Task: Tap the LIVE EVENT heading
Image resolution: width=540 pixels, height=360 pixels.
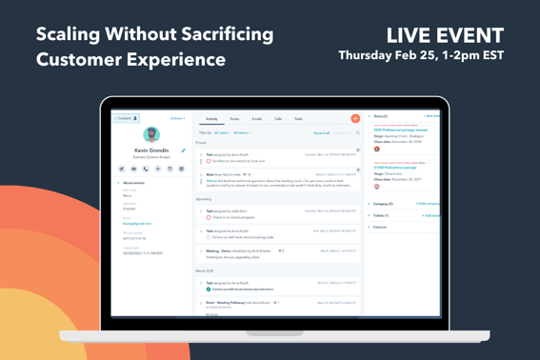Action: tap(445, 36)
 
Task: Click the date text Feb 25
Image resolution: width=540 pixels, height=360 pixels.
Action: tap(430, 56)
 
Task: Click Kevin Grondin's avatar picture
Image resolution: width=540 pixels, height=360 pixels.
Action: tap(151, 135)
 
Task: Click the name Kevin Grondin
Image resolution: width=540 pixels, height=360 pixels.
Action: tap(151, 150)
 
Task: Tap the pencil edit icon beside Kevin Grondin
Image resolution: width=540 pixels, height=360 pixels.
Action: tap(184, 150)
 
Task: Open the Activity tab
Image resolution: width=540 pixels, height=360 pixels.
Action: tap(211, 119)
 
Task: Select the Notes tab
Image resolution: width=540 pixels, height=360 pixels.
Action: tap(234, 119)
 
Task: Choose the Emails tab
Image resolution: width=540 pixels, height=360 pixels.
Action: tap(256, 119)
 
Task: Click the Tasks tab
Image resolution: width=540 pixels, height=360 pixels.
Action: tap(298, 119)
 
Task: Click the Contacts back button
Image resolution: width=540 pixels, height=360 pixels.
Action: tap(126, 119)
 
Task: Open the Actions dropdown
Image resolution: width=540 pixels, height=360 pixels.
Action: tap(177, 119)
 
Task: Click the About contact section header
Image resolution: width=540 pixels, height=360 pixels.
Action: tap(133, 183)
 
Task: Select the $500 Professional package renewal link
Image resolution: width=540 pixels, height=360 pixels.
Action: tap(400, 130)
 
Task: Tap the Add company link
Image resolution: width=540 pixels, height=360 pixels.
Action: tap(428, 204)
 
